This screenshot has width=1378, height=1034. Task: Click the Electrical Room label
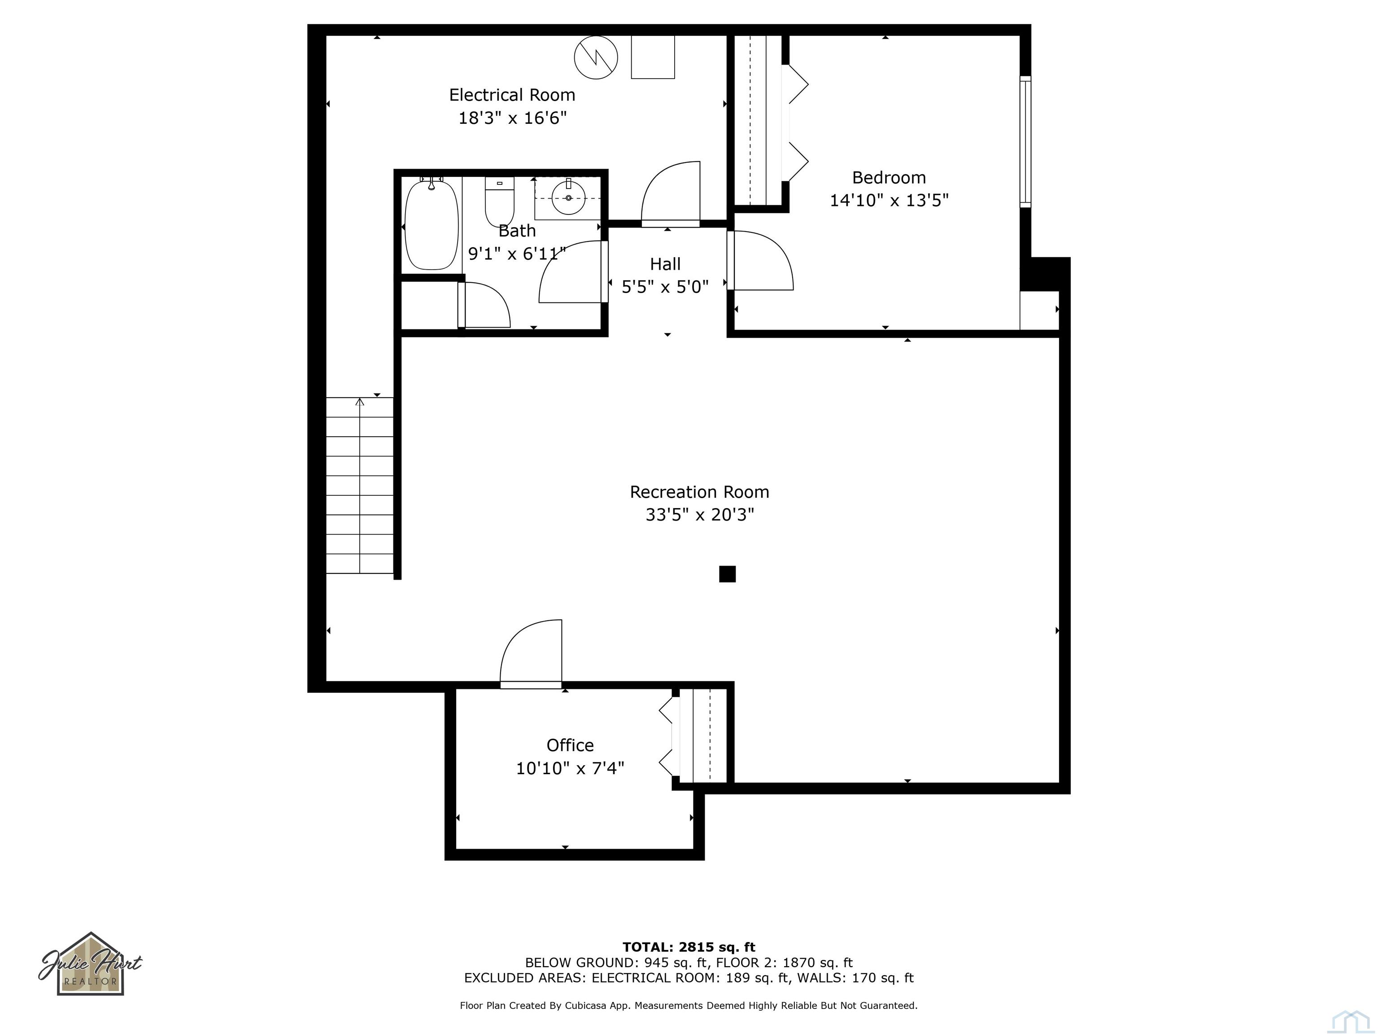(512, 95)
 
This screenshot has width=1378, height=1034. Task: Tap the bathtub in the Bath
(431, 225)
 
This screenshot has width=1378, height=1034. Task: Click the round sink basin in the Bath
(568, 197)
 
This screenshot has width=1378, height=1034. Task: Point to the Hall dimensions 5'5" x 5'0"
(665, 287)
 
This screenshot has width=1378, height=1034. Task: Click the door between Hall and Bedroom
(760, 261)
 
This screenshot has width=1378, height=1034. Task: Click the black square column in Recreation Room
(727, 574)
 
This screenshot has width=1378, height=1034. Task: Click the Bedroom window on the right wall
(1025, 141)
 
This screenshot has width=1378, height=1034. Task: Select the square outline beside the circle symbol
(653, 57)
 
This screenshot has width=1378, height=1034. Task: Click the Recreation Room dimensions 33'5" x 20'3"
(700, 515)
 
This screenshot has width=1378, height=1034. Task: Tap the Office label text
(570, 745)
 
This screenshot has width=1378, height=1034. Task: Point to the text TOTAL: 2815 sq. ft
(689, 947)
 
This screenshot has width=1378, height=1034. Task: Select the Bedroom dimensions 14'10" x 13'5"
(889, 200)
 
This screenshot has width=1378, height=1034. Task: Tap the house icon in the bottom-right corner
(1349, 1021)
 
